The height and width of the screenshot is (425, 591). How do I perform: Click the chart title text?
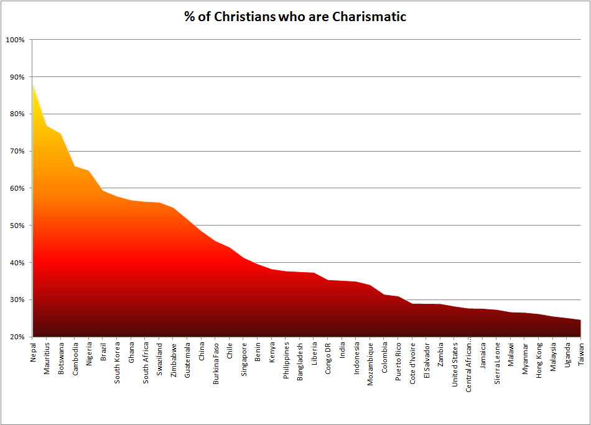tap(295, 17)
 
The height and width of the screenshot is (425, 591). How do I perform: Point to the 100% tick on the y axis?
tap(15, 40)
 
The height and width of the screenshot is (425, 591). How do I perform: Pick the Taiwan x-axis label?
tap(581, 352)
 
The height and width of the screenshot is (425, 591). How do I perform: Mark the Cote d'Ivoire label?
tap(413, 363)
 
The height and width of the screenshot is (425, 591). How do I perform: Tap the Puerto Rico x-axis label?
tap(399, 361)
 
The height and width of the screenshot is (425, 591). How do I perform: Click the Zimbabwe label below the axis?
tap(174, 359)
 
